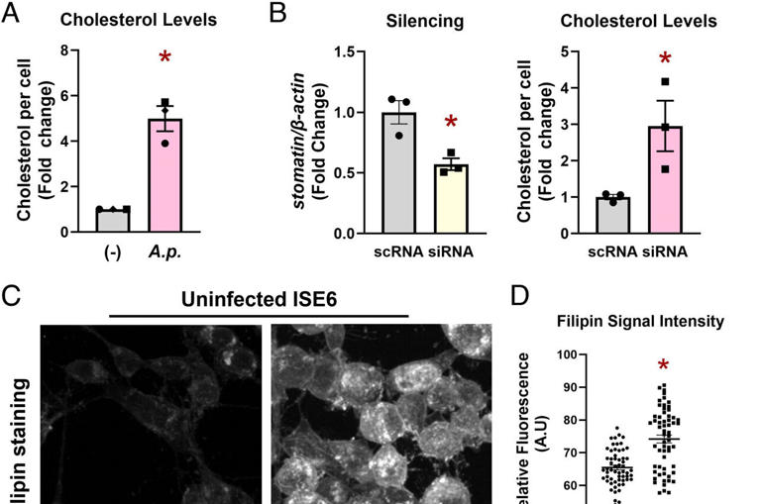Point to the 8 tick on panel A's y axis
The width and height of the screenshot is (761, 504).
63,50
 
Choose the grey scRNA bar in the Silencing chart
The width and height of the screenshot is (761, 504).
400,173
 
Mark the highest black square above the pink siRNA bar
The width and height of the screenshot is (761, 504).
666,81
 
